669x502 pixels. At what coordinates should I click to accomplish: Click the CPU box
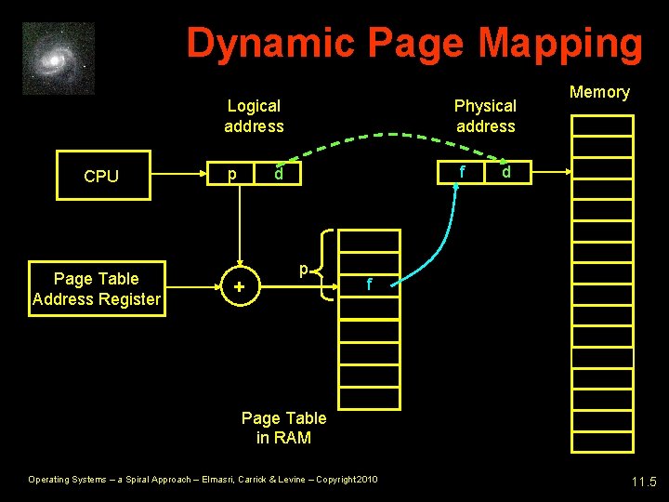[x=101, y=176]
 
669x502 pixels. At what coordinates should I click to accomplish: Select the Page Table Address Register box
[x=97, y=289]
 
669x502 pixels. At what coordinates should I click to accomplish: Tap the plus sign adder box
[x=240, y=289]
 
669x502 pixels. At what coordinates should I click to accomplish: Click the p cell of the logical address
[x=231, y=175]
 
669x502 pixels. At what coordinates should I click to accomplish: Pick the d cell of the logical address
[x=278, y=175]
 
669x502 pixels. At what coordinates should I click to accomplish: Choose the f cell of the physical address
[x=462, y=172]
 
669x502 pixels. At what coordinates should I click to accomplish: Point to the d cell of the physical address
[x=506, y=172]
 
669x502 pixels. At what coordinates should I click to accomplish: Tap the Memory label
[x=599, y=92]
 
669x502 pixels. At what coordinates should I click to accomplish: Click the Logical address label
[x=254, y=116]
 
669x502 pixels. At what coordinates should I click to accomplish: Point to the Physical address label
[x=485, y=116]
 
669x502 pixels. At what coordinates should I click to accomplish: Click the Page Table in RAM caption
[x=283, y=428]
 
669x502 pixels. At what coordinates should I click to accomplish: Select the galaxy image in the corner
[x=59, y=59]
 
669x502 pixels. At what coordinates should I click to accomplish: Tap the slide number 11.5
[x=643, y=482]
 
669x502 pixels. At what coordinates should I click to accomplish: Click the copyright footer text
[x=203, y=480]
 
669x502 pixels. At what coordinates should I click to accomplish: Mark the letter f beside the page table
[x=369, y=285]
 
